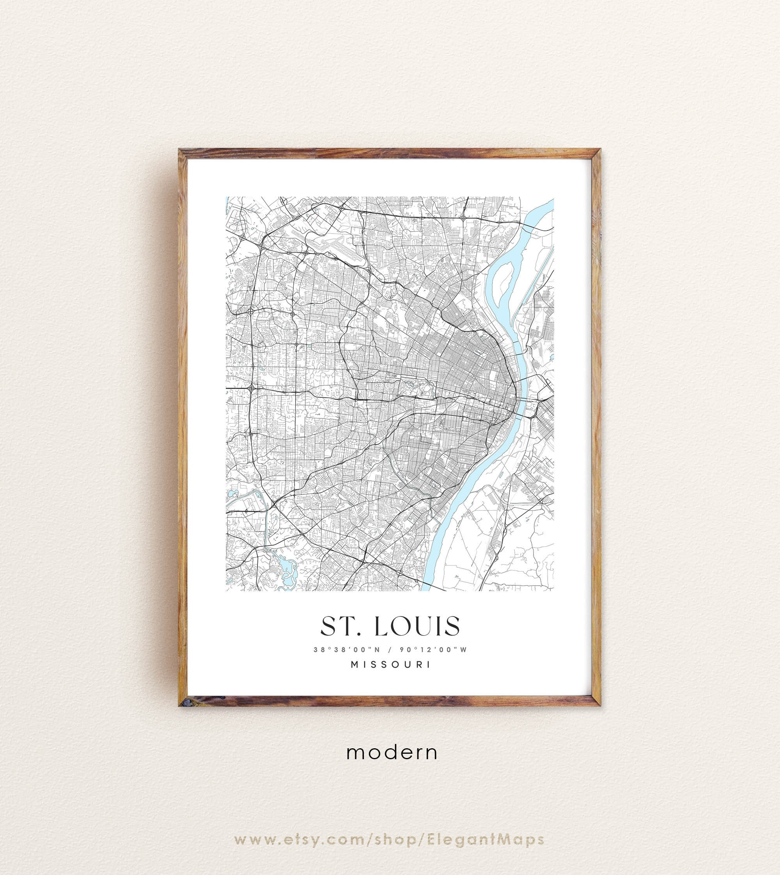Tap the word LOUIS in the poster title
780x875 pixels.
coord(417,626)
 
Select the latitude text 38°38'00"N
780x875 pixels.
coord(347,650)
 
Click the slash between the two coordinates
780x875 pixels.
coord(390,650)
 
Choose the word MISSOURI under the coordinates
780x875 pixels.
coord(390,664)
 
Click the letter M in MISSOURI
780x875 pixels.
coord(355,664)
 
